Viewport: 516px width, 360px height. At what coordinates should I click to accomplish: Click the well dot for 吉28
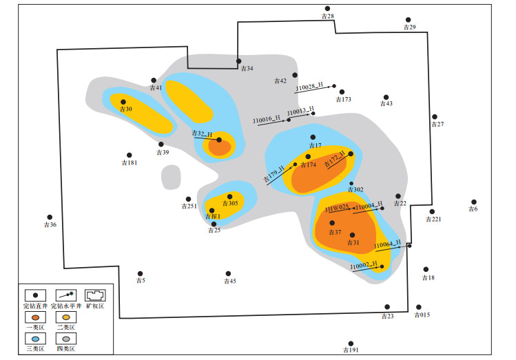(x=327, y=9)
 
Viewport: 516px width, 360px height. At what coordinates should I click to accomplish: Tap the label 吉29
(x=409, y=28)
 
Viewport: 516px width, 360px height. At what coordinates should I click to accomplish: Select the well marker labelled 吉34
(x=239, y=61)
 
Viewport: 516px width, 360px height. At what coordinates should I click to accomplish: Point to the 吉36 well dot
(x=50, y=217)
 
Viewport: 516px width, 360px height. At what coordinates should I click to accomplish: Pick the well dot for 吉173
(x=341, y=92)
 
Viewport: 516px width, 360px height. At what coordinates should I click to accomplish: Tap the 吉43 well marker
(x=386, y=97)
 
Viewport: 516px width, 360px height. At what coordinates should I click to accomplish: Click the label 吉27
(x=437, y=125)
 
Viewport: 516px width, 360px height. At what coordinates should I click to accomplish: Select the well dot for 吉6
(x=473, y=202)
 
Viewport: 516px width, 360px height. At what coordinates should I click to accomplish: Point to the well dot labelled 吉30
(x=123, y=102)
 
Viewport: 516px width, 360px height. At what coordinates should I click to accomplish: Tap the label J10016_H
(x=267, y=120)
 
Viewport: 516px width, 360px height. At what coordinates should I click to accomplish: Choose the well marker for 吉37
(x=332, y=222)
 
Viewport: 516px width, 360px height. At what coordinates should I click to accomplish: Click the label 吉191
(x=351, y=350)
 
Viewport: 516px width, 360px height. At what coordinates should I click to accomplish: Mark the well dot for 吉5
(x=140, y=273)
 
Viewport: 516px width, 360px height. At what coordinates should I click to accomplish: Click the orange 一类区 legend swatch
(x=34, y=317)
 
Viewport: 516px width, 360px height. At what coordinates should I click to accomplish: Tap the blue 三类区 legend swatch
(x=34, y=339)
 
